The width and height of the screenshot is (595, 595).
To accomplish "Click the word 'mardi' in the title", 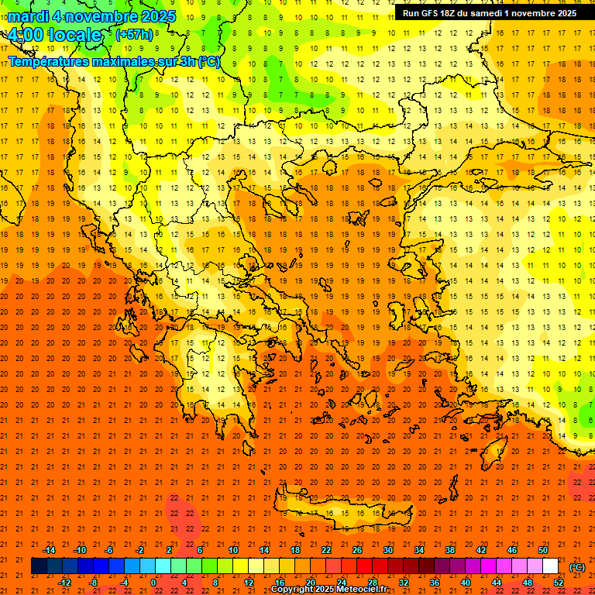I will pyautogui.click(x=26, y=16).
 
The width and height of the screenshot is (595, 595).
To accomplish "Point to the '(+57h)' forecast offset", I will pyautogui.click(x=134, y=35).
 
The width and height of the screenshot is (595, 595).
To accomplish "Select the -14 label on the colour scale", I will pyautogui.click(x=49, y=550).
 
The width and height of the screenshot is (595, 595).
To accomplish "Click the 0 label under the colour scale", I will pyautogui.click(x=153, y=583).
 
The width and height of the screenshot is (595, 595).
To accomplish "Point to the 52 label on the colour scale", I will pyautogui.click(x=559, y=583).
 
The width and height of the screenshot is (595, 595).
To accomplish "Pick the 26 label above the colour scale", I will pyautogui.click(x=357, y=550).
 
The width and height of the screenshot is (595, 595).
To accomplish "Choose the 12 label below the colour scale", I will pyautogui.click(x=249, y=583).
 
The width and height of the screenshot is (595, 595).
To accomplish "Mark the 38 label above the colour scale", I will pyautogui.click(x=450, y=550).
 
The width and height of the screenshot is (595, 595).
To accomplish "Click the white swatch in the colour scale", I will pyautogui.click(x=550, y=566).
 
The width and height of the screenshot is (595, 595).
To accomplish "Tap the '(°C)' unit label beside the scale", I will pyautogui.click(x=577, y=566).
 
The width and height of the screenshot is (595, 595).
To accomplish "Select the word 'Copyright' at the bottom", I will pyautogui.click(x=294, y=590).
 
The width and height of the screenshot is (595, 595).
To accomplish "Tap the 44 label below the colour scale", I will pyautogui.click(x=497, y=583).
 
